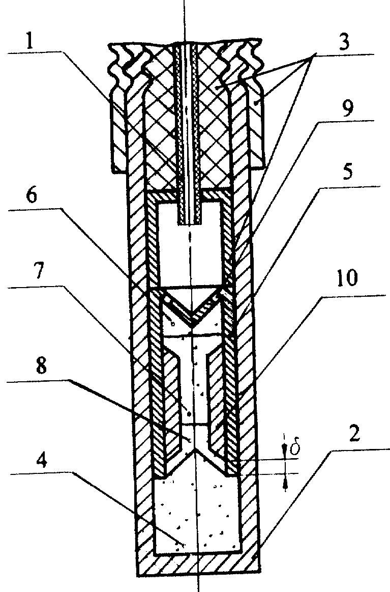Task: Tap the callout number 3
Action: pyautogui.click(x=344, y=43)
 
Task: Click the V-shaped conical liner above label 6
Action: pyautogui.click(x=192, y=306)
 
